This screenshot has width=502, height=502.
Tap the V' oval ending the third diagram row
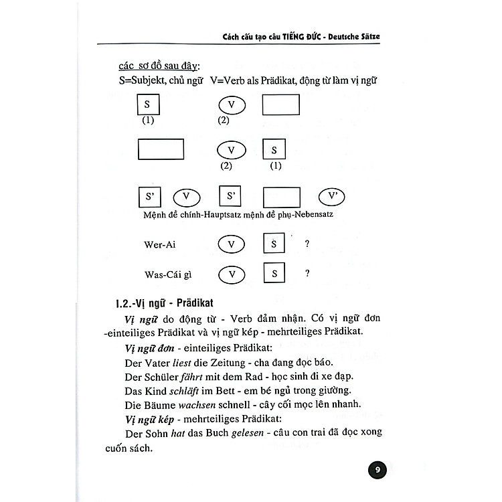point(336,197)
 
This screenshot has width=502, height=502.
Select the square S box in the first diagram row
point(147,105)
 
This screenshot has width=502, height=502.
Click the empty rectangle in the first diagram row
point(280,105)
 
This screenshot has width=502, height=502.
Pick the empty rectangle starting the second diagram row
point(161,149)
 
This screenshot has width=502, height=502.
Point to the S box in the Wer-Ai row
point(271,244)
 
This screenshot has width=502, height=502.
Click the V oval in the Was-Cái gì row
point(232,274)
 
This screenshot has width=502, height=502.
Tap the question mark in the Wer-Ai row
point(307,244)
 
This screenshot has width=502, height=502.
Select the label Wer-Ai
point(161,244)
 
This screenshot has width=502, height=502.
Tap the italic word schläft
point(193,390)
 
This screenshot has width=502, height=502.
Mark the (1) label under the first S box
point(148,120)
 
